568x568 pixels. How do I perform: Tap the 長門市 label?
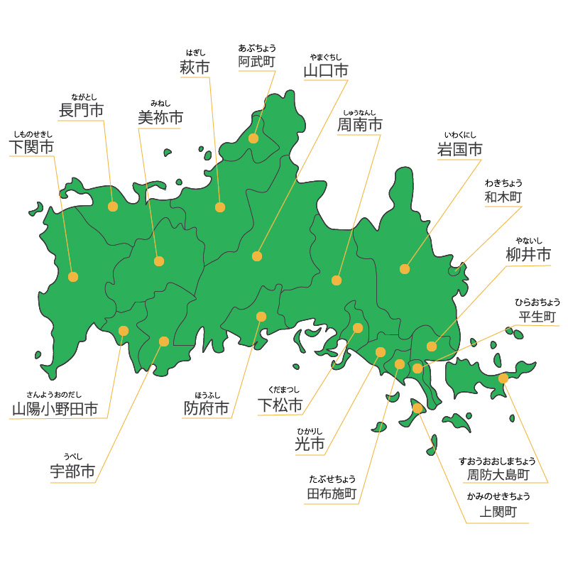[x=81, y=111]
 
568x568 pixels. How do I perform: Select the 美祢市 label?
[x=160, y=118]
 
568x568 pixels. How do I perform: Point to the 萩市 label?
[x=195, y=68]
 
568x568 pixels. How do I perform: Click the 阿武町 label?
[x=256, y=62]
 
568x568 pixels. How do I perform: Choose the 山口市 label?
[x=326, y=71]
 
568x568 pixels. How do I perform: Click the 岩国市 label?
[x=459, y=150]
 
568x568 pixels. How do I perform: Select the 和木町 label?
[x=503, y=197]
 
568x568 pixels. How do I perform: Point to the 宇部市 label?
[x=72, y=472]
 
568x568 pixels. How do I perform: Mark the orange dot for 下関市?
[x=72, y=277]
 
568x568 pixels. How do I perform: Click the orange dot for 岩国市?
[x=405, y=269]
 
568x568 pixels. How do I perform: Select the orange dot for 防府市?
[x=261, y=316]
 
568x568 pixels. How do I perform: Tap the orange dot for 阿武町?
[x=253, y=138]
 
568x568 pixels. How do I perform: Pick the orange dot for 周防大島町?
[x=503, y=378]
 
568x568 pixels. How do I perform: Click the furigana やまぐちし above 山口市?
[x=326, y=57]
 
